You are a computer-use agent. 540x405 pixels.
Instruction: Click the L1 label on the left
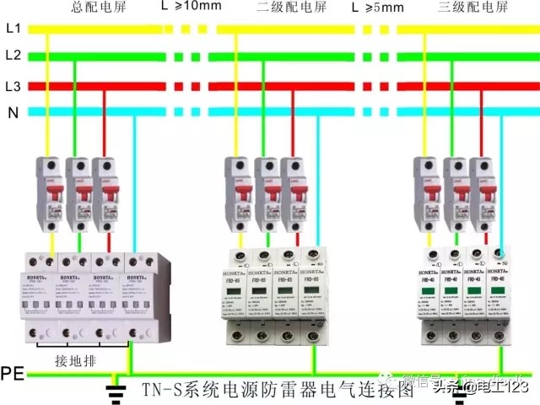click(x=12, y=28)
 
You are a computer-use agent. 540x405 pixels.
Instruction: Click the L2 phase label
click(x=12, y=56)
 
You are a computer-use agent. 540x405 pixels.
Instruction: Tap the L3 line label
click(x=12, y=85)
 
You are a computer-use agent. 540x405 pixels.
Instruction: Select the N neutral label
click(x=12, y=112)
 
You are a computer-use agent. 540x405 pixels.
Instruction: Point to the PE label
click(x=13, y=372)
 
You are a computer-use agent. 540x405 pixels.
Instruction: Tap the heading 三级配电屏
click(x=473, y=8)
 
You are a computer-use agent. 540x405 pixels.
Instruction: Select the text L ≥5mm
click(x=377, y=8)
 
